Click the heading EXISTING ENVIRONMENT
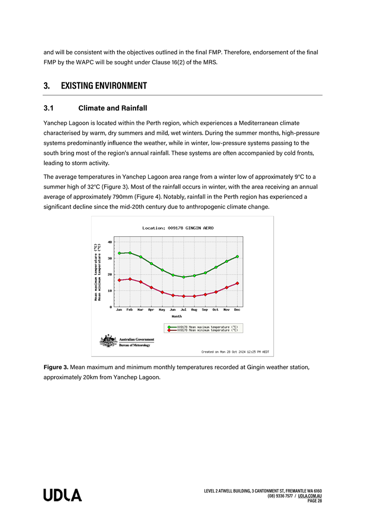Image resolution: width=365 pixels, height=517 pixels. pos(104,85)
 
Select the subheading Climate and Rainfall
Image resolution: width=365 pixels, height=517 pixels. pos(112,108)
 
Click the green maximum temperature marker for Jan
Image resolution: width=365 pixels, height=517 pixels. pos(119,253)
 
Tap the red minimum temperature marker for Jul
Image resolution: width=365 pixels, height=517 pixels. pos(183,296)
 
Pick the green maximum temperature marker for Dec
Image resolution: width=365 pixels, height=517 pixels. pos(237,256)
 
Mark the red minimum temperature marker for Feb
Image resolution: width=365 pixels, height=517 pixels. pos(130,279)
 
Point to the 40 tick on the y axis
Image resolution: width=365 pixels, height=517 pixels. pos(110,241)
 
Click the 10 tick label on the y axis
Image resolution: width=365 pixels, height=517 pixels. pos(110,291)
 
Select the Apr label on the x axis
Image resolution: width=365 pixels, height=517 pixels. pos(151,310)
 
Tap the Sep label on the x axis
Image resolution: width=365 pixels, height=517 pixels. pos(205,310)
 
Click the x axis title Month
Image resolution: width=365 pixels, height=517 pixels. pos(177,316)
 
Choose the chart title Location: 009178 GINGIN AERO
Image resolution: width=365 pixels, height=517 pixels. pos(178,228)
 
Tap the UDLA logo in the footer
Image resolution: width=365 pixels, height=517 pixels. pos(63,495)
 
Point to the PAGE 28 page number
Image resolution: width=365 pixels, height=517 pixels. pos(315,501)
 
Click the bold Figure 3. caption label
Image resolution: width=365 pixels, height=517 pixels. pos(55,367)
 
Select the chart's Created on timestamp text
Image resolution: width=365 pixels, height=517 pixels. pos(235,352)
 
